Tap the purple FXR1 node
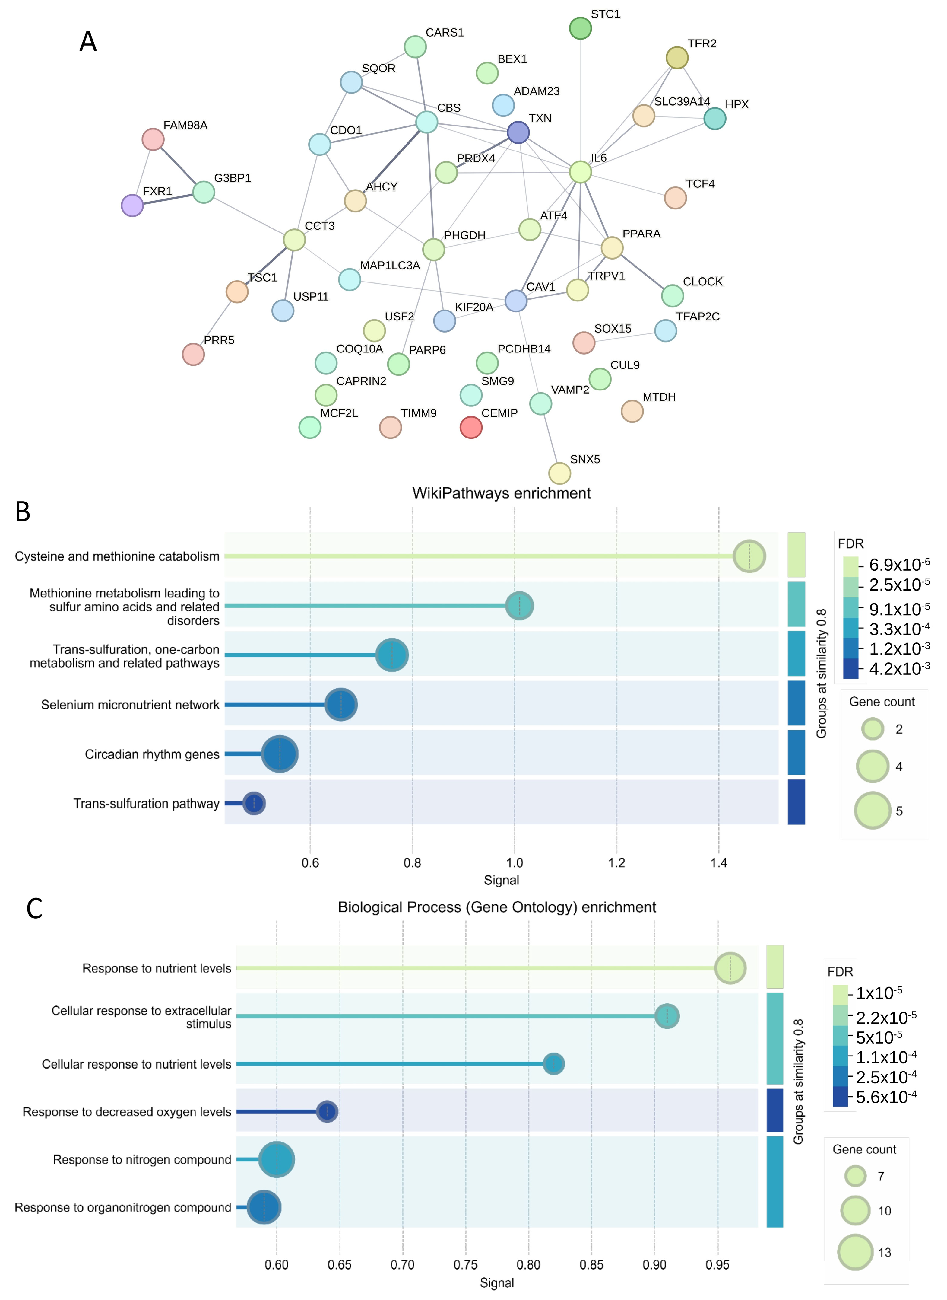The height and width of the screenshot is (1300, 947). (132, 205)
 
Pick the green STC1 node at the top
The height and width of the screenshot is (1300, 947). (581, 28)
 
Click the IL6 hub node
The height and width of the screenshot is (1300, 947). (580, 171)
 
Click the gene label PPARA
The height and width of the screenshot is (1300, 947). (641, 234)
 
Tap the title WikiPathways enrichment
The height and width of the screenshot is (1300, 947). (502, 493)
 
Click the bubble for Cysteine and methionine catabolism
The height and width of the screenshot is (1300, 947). (749, 556)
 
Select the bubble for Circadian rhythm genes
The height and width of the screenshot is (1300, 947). (280, 754)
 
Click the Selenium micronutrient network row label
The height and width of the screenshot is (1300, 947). (130, 705)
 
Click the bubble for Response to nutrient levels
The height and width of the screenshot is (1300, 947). (730, 968)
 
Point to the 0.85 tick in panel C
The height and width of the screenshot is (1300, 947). (592, 1264)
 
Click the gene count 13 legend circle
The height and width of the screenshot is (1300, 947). (855, 1252)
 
